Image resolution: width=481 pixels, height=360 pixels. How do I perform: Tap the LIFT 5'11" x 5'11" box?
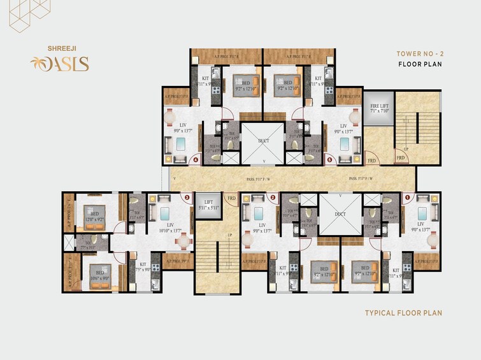tap(207, 204)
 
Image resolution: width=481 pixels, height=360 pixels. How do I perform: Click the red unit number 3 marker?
tap(187, 198)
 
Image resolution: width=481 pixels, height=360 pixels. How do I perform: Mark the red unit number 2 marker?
tap(272, 198)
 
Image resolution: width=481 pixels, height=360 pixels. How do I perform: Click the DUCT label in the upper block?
tap(264, 140)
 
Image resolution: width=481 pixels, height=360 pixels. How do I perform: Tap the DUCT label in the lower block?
tap(340, 215)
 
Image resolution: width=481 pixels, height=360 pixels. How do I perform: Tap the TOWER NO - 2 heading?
tap(419, 54)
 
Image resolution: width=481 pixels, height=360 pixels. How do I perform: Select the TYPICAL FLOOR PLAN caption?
tap(403, 313)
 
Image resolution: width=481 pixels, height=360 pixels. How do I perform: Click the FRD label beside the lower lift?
tap(232, 198)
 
